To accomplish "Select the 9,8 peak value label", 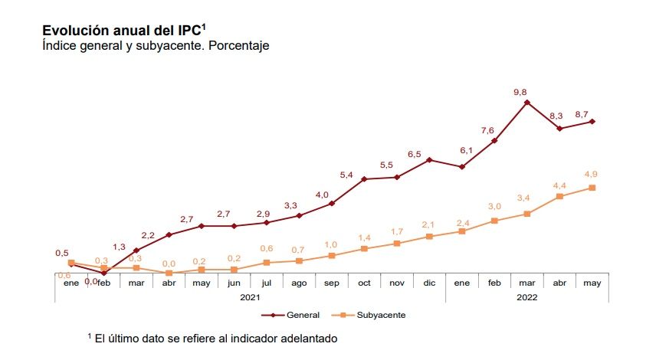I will (x=520, y=92).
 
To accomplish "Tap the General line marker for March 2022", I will (x=526, y=102).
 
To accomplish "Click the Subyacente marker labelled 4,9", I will (x=592, y=188).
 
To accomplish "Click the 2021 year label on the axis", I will (x=251, y=296).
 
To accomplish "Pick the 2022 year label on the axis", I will (x=526, y=296).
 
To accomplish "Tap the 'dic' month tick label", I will (x=429, y=283).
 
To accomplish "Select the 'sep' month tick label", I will (x=331, y=283).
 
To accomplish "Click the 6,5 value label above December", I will (x=415, y=154).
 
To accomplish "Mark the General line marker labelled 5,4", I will (x=364, y=179).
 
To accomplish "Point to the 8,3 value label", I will (x=556, y=116).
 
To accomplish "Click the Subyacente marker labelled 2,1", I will (x=429, y=237).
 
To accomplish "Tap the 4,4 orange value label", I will (x=559, y=185).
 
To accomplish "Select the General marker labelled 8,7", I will (x=592, y=122).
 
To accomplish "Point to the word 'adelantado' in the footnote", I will (x=307, y=337).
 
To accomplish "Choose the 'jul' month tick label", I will (x=266, y=283).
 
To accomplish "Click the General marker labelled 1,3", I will (x=136, y=250).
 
